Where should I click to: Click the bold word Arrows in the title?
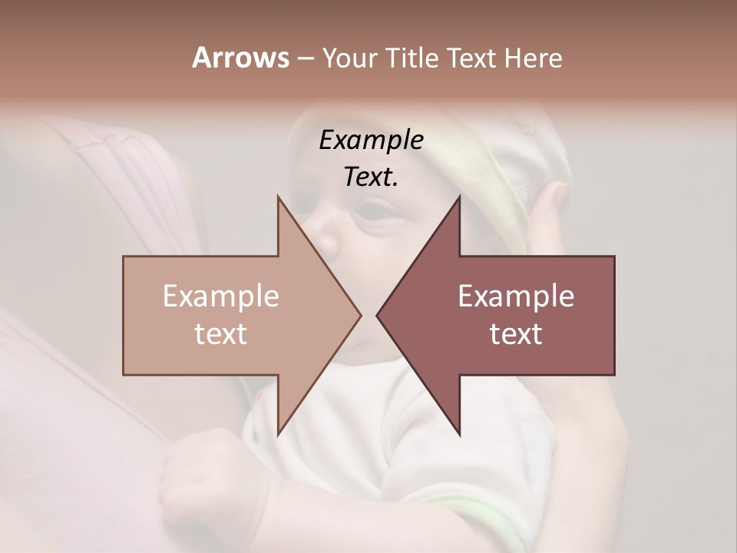[240, 58]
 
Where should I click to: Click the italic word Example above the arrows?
[371, 141]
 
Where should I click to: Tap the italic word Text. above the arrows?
[371, 177]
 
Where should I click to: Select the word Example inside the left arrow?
[221, 296]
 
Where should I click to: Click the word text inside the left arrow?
[221, 334]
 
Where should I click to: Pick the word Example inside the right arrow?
[516, 296]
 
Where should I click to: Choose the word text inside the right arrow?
[516, 334]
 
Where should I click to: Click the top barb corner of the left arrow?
[278, 195]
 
